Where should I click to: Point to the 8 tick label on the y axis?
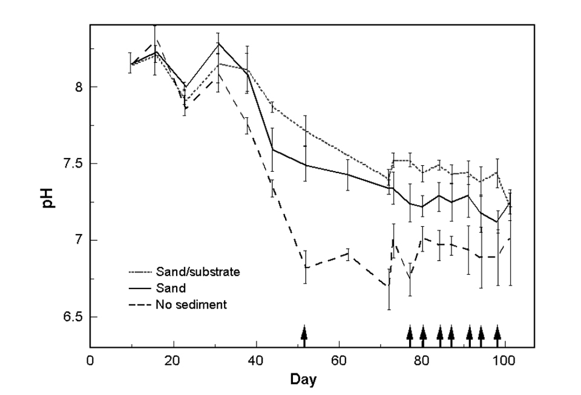[x=77, y=87]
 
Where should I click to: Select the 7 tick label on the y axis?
[x=77, y=241]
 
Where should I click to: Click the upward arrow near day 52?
[x=304, y=335]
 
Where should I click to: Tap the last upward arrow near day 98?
[x=497, y=335]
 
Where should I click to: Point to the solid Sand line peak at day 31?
[x=218, y=43]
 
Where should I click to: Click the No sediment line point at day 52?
[x=306, y=267]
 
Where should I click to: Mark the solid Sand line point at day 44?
[x=273, y=149]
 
